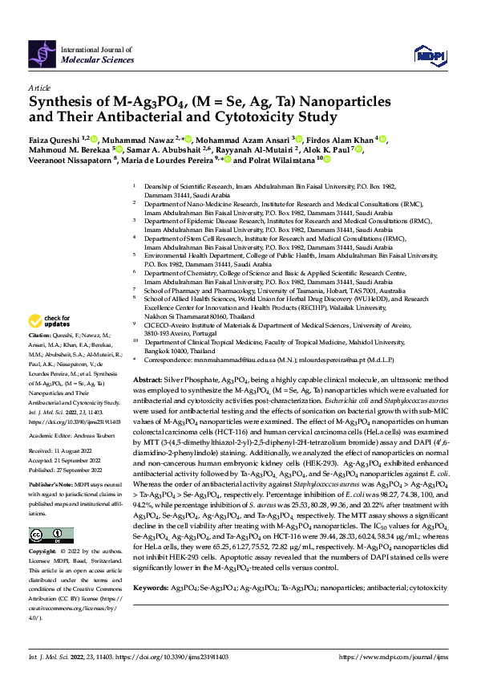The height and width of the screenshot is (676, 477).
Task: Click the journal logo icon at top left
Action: coord(43,54)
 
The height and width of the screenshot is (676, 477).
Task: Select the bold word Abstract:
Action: coord(148,378)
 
